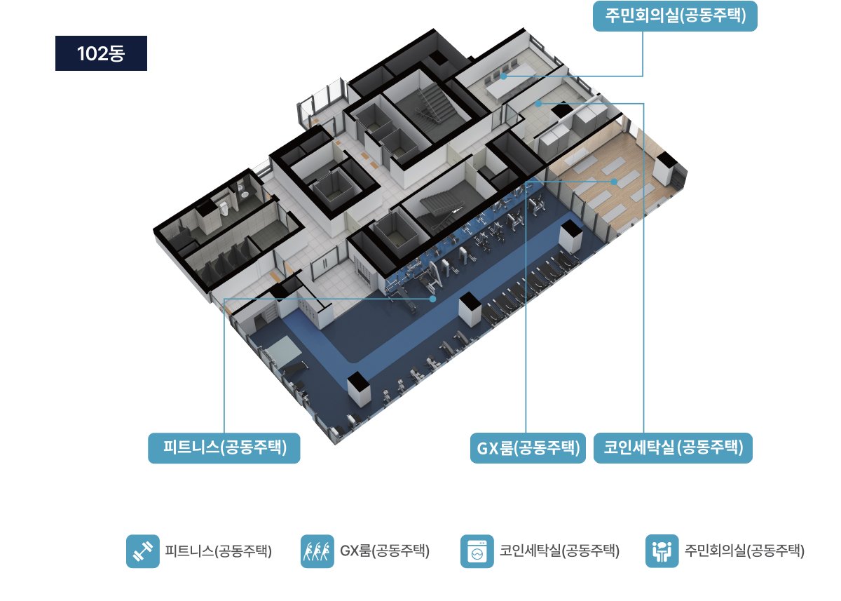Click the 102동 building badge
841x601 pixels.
tap(101, 53)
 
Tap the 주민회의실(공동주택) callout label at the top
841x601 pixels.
tap(675, 16)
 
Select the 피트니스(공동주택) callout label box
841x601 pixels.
tap(224, 447)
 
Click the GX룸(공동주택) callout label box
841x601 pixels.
tap(528, 447)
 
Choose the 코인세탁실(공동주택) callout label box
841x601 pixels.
tap(674, 447)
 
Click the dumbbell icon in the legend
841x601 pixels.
tap(143, 551)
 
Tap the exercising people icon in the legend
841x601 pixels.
tap(317, 551)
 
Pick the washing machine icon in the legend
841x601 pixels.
tap(477, 551)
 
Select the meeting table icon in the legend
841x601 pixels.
tap(662, 551)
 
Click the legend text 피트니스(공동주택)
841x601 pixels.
tap(219, 551)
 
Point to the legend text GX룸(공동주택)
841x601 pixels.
tap(385, 551)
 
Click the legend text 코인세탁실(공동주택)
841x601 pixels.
tap(559, 551)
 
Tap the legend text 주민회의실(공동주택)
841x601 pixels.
tap(744, 551)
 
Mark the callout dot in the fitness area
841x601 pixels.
tap(433, 299)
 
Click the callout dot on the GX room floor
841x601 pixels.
tap(614, 182)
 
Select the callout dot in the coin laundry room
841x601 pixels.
tap(538, 103)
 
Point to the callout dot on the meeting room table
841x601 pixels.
tap(504, 76)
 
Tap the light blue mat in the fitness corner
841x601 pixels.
tap(286, 349)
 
